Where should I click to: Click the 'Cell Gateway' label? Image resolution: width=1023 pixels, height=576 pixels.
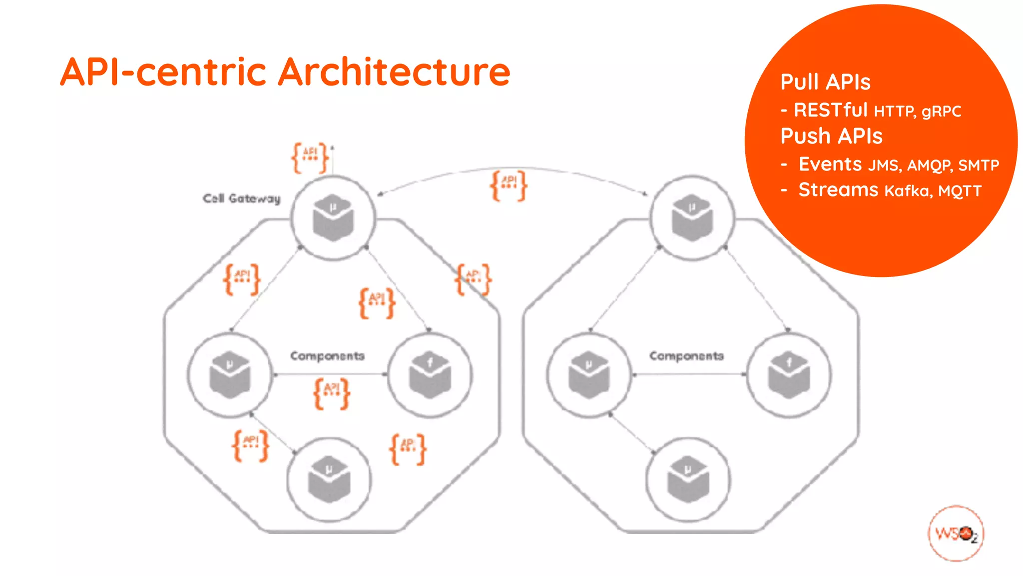242,198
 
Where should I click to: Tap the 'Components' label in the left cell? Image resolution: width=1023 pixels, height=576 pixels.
327,356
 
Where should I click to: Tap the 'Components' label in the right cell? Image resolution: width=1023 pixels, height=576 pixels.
686,356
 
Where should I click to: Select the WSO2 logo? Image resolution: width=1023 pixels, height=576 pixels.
956,533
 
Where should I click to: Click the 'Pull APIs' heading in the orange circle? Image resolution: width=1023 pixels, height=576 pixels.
825,82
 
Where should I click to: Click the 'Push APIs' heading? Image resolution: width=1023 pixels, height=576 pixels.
831,136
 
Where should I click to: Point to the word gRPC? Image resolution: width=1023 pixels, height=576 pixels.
941,111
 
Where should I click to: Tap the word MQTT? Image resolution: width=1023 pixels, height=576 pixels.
960,191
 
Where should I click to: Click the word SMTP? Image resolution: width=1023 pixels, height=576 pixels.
979,165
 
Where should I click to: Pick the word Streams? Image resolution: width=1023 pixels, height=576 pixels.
838,190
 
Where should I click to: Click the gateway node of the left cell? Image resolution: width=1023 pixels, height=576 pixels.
333,218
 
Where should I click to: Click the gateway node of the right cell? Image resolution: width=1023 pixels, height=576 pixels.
692,218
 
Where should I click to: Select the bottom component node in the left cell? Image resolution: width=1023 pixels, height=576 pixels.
329,479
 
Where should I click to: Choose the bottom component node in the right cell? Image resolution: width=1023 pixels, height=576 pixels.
688,479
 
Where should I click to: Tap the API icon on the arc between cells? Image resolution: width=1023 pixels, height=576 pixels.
509,185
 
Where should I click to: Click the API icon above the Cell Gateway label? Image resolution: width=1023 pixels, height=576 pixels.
310,157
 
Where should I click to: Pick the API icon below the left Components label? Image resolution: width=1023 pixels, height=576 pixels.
332,393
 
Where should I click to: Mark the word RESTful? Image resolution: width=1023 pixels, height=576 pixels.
831,110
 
